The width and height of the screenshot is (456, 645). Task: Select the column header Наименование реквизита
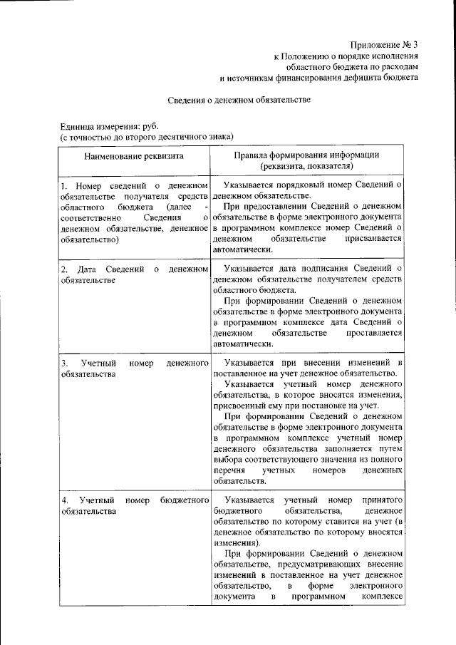(x=134, y=155)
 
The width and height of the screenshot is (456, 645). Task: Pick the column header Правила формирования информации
(x=307, y=155)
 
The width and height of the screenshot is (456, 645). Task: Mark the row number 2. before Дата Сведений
(x=63, y=269)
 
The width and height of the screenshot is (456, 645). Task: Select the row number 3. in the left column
(x=63, y=363)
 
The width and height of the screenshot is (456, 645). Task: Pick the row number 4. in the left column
(x=63, y=500)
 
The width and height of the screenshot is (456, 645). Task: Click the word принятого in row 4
(x=385, y=500)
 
